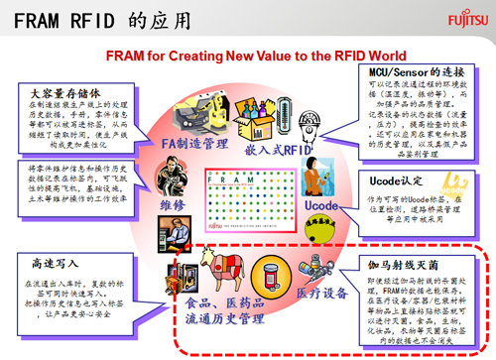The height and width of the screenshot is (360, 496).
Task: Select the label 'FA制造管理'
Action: [x=194, y=144]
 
